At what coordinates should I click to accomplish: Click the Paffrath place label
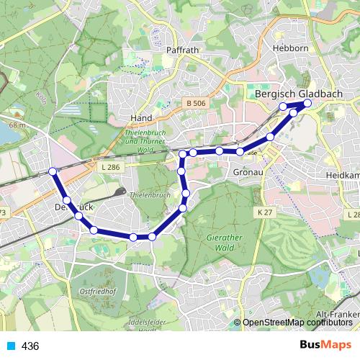(x=181, y=50)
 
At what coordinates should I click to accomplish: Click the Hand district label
(x=139, y=117)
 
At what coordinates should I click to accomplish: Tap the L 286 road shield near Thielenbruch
(x=110, y=167)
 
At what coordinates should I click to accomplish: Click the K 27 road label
(x=266, y=212)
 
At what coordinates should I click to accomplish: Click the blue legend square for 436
(x=9, y=346)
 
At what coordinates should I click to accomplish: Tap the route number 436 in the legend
(x=30, y=346)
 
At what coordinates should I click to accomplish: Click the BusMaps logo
(x=327, y=345)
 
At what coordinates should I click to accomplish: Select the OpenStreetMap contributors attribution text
(x=297, y=323)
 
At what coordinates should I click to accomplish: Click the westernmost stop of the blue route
(x=53, y=171)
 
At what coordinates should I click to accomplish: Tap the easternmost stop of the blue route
(x=307, y=103)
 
